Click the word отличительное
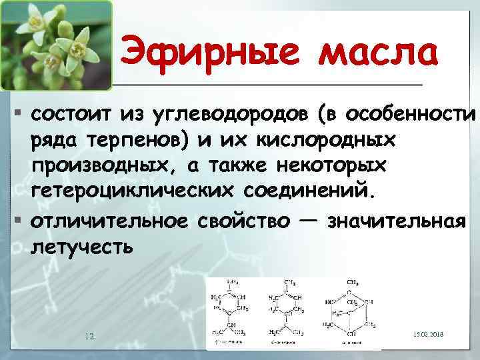(109, 220)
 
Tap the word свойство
(243, 220)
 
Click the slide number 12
(89, 335)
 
